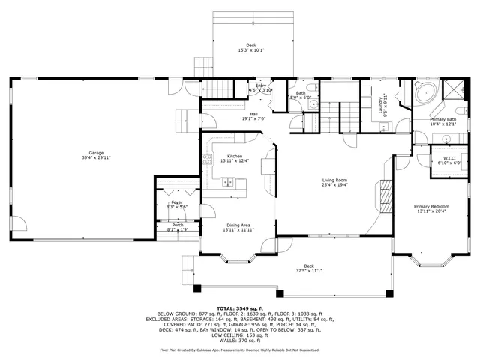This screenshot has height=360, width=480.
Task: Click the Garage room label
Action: coord(96,153)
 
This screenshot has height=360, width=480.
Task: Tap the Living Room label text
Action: coord(334,180)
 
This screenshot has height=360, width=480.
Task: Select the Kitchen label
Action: coord(233,156)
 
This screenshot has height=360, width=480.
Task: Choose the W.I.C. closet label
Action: coord(450,158)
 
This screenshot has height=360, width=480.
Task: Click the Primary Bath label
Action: coord(442,119)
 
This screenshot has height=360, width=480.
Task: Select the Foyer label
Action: coord(177,202)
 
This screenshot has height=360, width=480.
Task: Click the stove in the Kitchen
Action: coord(208,159)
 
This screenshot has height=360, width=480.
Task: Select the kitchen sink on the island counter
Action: coord(228,181)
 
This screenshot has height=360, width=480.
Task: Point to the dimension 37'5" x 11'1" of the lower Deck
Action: coord(308,271)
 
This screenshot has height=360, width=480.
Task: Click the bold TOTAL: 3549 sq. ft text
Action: coord(239,308)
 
